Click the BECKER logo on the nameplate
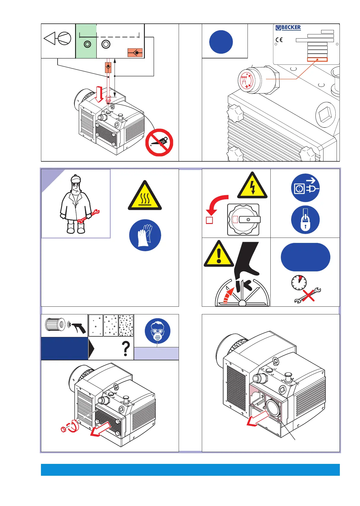(x=288, y=28)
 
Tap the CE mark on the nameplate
(x=279, y=40)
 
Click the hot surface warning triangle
(x=145, y=197)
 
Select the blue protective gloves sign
(x=145, y=235)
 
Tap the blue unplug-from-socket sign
(x=305, y=188)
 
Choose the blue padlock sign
(x=305, y=220)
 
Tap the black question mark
(x=126, y=349)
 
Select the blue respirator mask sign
(x=158, y=331)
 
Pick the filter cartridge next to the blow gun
(x=55, y=324)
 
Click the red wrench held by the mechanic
(x=88, y=216)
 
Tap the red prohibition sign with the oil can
(x=159, y=143)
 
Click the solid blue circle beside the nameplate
(x=221, y=42)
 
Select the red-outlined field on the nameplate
(x=317, y=60)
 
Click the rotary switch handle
(x=249, y=220)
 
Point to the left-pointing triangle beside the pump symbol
(x=50, y=39)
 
